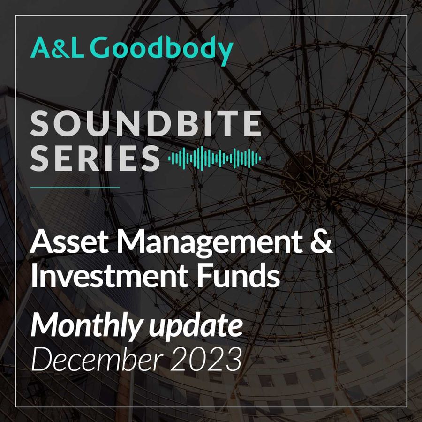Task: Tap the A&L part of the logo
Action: (x=57, y=48)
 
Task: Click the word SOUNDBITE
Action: (x=146, y=123)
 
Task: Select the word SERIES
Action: (x=95, y=158)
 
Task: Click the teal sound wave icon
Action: (x=214, y=158)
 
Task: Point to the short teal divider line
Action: (x=75, y=187)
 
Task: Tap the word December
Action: (x=97, y=359)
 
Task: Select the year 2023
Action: (x=206, y=359)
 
